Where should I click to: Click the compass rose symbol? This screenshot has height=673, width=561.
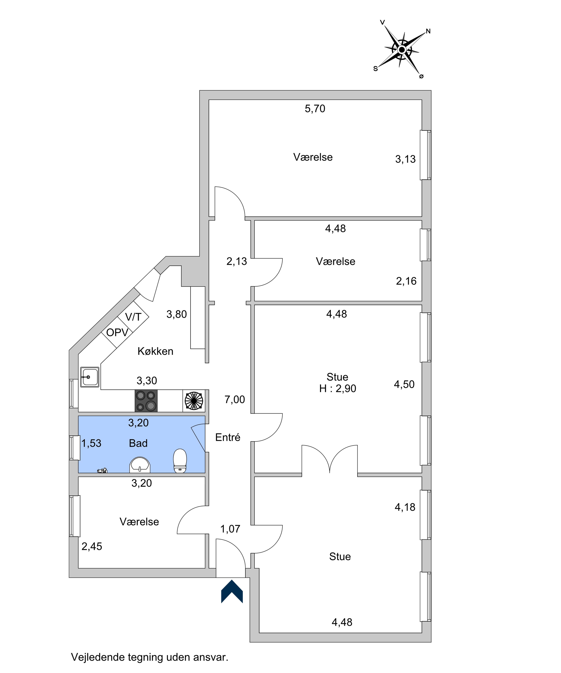point(402,49)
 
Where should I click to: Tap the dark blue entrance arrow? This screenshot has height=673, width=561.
point(232,591)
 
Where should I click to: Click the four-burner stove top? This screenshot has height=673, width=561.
point(146,401)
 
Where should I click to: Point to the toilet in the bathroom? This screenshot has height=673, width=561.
point(180,461)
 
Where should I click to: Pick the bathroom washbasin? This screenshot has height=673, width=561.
point(140,465)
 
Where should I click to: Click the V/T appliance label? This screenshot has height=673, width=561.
point(133,317)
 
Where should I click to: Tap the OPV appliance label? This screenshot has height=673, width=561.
point(117,333)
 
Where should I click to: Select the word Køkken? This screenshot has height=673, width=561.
point(156,351)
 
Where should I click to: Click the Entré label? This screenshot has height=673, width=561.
point(228,437)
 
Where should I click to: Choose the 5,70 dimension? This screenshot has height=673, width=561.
point(315,109)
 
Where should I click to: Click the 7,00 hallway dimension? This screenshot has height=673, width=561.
point(235,400)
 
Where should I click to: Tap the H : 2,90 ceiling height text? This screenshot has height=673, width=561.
point(338,389)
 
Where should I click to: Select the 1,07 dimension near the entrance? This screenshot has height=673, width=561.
point(230,529)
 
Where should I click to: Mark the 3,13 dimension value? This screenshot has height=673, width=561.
point(405,159)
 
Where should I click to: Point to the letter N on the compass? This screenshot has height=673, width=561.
point(428,31)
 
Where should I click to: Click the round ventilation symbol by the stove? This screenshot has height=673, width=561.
point(194,401)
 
